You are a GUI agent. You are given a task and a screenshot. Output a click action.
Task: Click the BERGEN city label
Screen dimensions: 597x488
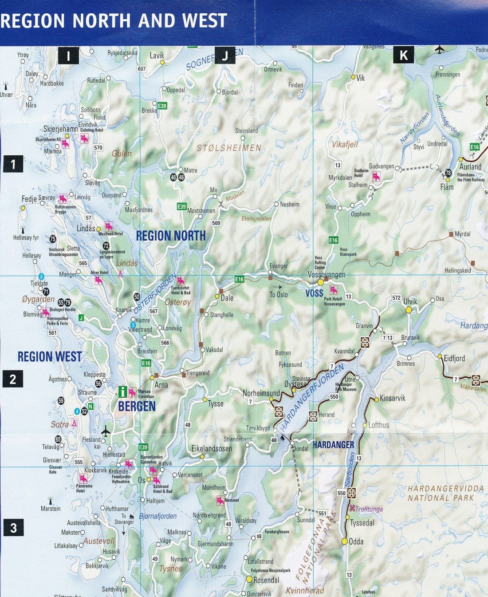coord(137,406)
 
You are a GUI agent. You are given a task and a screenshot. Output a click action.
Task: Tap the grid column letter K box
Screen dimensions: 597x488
coord(404,55)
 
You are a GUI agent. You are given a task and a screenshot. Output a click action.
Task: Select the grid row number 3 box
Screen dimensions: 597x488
coord(13,528)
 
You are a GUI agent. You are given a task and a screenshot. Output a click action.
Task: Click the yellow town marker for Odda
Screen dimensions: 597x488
coord(344,542)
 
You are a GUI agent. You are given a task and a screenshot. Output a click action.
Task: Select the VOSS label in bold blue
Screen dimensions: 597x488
coord(314,293)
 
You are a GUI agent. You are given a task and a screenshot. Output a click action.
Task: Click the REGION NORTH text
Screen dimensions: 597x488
coord(171,236)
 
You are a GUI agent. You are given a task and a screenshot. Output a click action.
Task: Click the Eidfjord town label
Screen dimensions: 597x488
coord(454,358)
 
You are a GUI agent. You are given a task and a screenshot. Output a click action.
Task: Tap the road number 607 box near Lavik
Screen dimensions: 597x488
coord(142,69)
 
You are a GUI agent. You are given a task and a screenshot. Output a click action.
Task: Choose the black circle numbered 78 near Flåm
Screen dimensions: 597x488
coord(448,173)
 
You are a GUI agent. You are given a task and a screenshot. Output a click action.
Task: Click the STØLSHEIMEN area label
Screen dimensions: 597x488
coord(229,148)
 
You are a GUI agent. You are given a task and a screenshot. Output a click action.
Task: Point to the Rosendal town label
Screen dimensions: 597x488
coord(266,580)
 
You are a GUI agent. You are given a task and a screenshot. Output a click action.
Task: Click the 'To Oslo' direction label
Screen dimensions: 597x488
coord(279,295)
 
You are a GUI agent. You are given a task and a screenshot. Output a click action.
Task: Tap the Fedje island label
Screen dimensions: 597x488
coord(29,199)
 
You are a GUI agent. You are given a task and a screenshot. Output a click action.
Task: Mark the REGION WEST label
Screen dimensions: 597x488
coord(50,357)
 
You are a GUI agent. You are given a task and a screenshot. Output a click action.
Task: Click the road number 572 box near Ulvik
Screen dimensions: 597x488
coord(396,298)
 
